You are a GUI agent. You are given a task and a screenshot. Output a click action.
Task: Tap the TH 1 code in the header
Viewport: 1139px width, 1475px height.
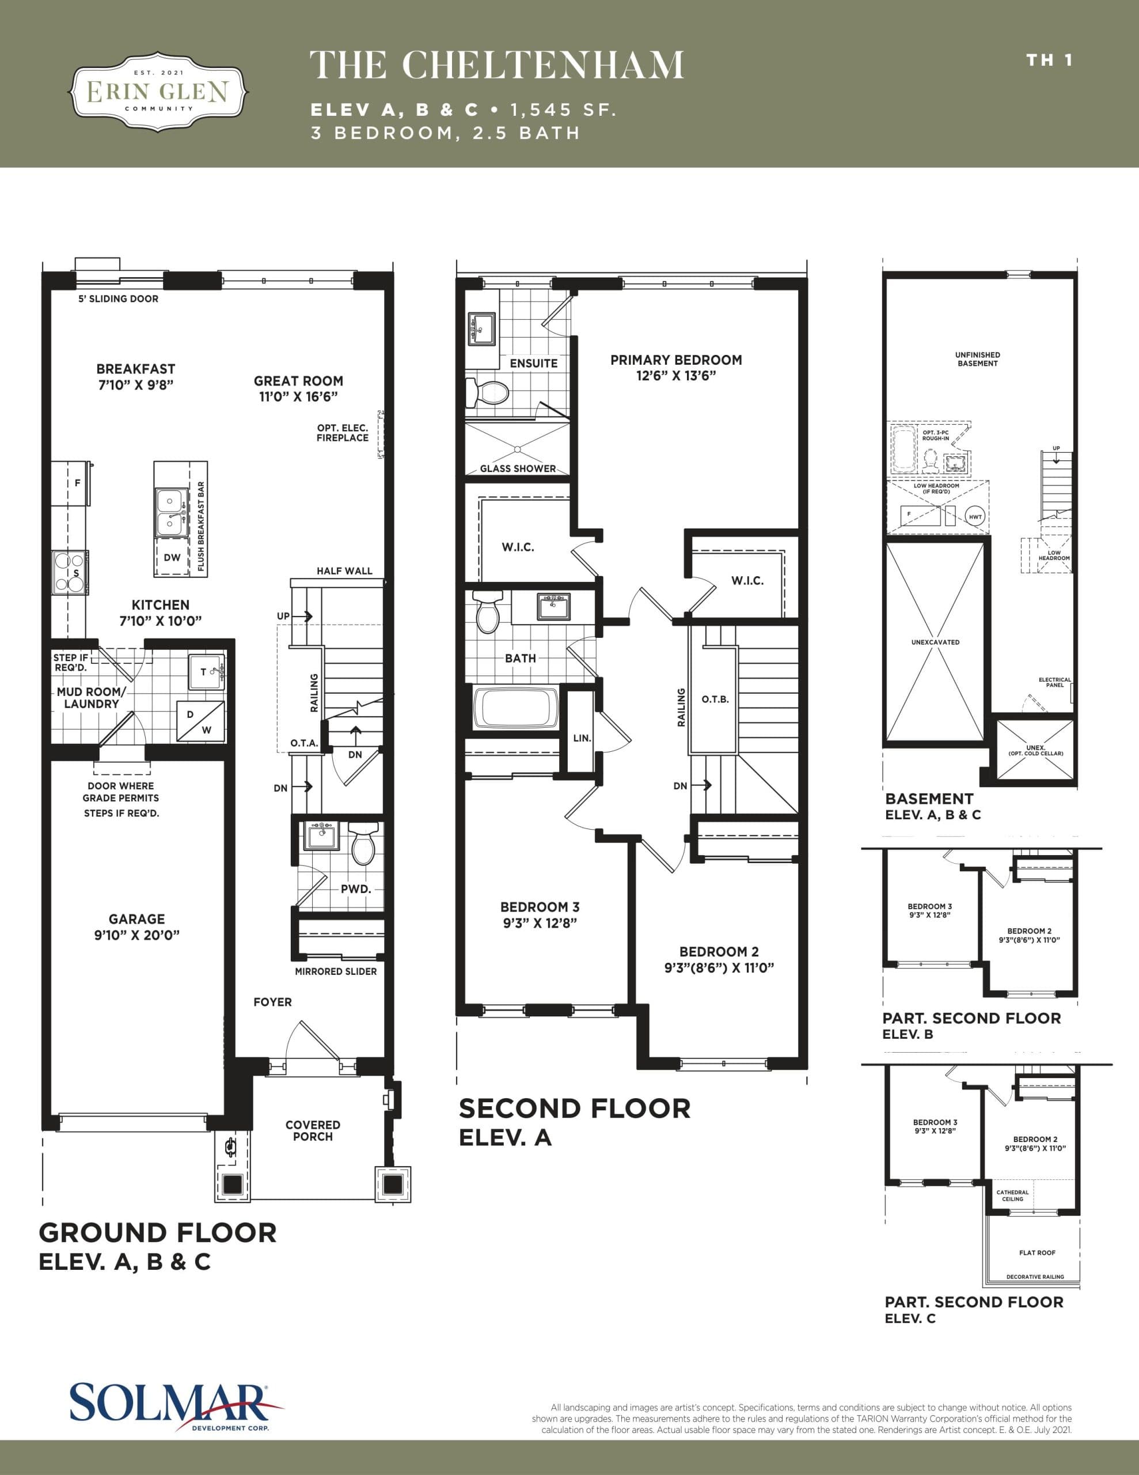click(1049, 60)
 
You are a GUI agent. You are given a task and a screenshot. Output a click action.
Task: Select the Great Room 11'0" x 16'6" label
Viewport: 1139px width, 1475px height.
click(298, 388)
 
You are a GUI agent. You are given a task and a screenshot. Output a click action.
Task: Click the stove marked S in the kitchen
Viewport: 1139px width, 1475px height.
click(70, 573)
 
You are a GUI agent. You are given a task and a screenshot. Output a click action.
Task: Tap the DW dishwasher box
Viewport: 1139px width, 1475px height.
click(172, 557)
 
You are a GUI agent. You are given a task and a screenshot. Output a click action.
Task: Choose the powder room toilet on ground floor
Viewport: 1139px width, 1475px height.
click(363, 844)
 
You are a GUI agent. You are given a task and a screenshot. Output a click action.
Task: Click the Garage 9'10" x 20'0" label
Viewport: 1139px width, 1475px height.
click(136, 926)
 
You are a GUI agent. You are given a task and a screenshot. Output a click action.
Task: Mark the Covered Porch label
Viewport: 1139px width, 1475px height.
click(313, 1130)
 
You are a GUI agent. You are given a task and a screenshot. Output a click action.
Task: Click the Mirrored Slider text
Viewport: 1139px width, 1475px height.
click(336, 971)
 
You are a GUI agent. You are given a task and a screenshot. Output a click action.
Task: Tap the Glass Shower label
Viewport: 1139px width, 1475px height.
click(518, 468)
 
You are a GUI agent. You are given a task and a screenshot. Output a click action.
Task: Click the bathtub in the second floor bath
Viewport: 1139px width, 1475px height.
click(516, 707)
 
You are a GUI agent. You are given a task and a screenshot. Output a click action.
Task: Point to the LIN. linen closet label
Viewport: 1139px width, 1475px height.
click(582, 738)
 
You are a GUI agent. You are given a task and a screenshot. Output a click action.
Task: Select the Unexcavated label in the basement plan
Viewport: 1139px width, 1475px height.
click(935, 642)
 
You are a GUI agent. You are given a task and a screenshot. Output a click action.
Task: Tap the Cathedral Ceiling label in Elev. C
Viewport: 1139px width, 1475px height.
click(1012, 1196)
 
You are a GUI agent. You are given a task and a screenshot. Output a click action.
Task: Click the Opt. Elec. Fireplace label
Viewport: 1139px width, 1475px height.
click(342, 433)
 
